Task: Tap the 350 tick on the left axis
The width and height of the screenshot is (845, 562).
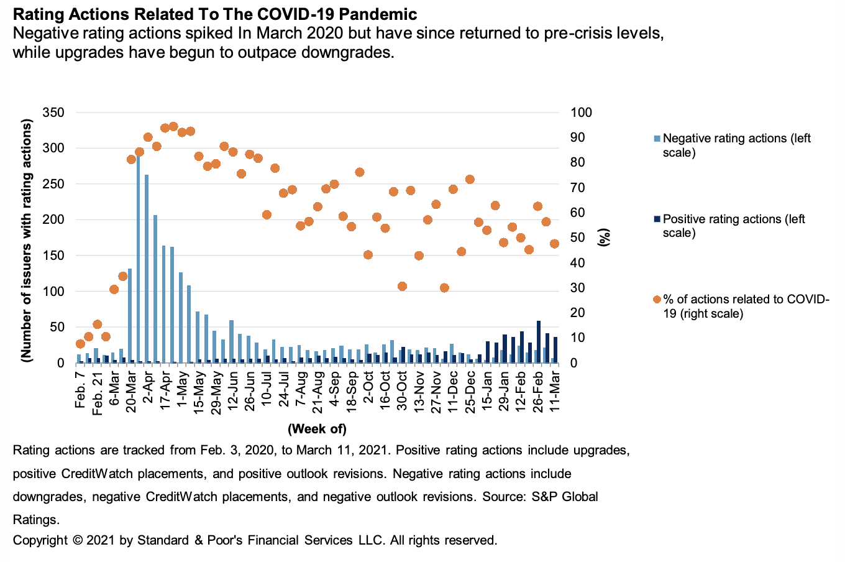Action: [x=53, y=113]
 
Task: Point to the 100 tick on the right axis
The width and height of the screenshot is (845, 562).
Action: [x=582, y=113]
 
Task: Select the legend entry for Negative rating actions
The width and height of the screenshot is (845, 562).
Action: [x=736, y=145]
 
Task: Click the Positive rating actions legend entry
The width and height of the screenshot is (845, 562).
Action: [x=733, y=226]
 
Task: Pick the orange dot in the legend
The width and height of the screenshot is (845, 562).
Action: [x=657, y=300]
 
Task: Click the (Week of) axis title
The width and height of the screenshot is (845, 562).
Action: [x=317, y=429]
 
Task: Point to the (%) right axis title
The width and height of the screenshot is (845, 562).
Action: [x=603, y=237]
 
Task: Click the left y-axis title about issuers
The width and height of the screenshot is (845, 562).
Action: [x=26, y=241]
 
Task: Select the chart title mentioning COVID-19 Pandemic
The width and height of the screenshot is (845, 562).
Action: [x=215, y=14]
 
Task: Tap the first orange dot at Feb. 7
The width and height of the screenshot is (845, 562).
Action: [x=80, y=344]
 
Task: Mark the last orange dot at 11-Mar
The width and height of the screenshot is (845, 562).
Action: [x=555, y=244]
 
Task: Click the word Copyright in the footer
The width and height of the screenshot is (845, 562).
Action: [x=40, y=540]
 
